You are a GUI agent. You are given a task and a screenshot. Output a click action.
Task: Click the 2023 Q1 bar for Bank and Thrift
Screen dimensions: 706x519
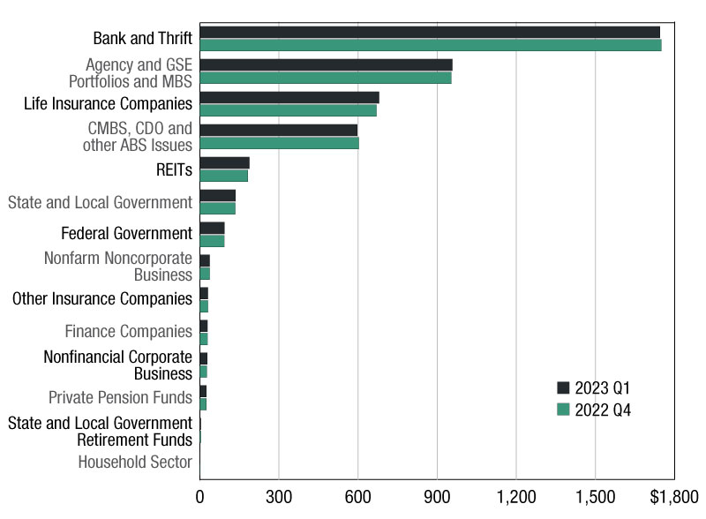click(430, 33)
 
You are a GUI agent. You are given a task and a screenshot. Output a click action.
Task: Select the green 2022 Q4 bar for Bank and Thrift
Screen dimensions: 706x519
click(431, 45)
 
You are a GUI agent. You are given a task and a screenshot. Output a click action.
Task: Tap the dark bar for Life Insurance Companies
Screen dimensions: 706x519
click(289, 98)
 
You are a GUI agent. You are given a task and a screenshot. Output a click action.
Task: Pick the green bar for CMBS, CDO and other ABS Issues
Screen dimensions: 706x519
click(279, 143)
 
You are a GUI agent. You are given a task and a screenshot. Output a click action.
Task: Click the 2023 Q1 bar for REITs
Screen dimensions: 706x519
click(225, 163)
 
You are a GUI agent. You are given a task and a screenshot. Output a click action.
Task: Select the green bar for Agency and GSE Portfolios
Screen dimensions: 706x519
click(326, 78)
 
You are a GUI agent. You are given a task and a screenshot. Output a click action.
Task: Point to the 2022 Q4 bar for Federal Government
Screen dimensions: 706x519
click(212, 241)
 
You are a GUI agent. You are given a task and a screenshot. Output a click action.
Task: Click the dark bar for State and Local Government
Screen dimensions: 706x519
click(217, 196)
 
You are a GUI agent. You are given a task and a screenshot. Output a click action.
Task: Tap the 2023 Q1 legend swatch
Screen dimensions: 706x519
click(563, 387)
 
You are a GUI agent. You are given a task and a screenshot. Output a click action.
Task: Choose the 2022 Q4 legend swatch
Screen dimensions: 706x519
click(563, 409)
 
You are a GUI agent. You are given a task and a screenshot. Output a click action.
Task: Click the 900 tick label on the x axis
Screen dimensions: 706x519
click(437, 496)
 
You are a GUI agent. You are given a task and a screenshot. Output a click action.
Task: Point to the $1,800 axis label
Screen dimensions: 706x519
click(674, 496)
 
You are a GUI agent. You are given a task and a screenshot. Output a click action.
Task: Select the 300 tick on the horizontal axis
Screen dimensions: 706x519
click(279, 496)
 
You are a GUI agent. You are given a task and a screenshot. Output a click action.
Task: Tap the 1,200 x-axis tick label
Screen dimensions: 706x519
click(516, 496)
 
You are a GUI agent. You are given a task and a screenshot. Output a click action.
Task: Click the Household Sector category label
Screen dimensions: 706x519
click(135, 462)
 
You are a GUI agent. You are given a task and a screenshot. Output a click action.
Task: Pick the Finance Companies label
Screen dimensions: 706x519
click(128, 331)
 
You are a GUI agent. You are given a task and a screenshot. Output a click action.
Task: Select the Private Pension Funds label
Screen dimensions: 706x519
click(120, 397)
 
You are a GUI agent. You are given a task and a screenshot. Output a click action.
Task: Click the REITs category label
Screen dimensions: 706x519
click(174, 169)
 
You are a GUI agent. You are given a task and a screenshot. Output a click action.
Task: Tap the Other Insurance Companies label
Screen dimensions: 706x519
click(102, 298)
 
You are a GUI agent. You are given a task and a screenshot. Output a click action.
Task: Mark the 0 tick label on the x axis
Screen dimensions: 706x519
click(200, 496)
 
